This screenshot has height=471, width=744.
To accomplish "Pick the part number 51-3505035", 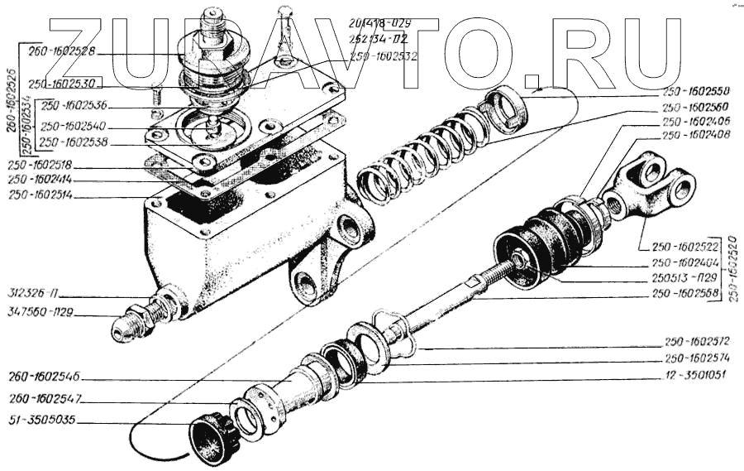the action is tap(39, 421).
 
